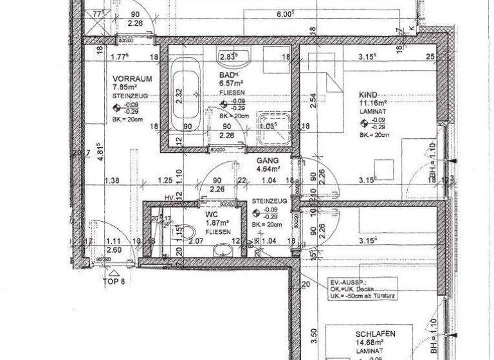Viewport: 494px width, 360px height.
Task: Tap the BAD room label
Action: pos(226,75)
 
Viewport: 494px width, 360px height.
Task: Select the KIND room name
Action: pos(369,93)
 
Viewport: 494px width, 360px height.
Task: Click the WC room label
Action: pos(212,215)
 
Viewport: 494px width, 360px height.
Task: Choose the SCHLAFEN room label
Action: pos(374,334)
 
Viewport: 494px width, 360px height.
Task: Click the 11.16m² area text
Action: pos(373,102)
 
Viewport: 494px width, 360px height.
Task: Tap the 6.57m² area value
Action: pos(230,84)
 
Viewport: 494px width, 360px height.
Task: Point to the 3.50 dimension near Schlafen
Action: pos(314,334)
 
